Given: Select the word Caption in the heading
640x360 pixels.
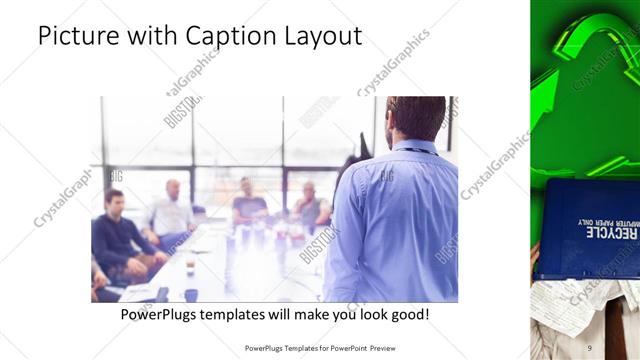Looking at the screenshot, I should (227, 38).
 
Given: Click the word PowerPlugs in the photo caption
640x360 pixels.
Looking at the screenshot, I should (161, 314).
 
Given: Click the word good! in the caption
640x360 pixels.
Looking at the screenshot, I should (406, 314).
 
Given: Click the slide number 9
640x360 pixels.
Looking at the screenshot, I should (589, 347).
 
